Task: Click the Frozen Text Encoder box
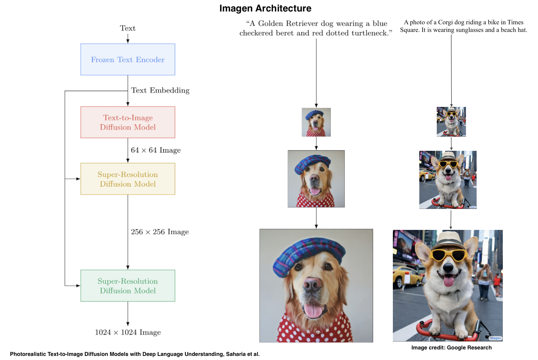[128, 59]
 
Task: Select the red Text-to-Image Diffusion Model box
[128, 122]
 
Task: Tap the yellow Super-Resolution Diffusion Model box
[128, 179]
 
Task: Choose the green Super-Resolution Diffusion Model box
[128, 286]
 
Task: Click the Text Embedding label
[160, 90]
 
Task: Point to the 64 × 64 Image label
[156, 150]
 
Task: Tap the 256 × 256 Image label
[160, 232]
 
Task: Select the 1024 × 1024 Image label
[128, 332]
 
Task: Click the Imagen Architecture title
[265, 8]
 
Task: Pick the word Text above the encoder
[128, 28]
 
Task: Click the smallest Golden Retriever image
[316, 122]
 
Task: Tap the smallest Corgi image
[451, 122]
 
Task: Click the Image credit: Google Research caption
[452, 347]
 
